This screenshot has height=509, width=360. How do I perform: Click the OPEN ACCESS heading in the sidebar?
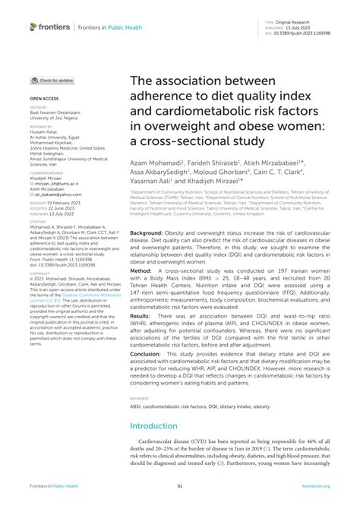(43, 99)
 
